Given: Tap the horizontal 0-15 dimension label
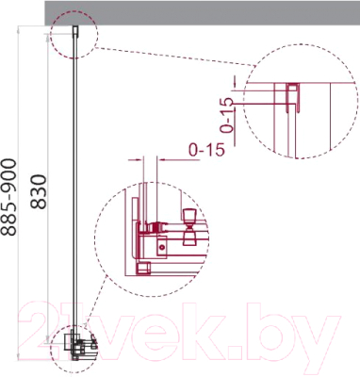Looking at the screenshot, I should coord(205,149).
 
